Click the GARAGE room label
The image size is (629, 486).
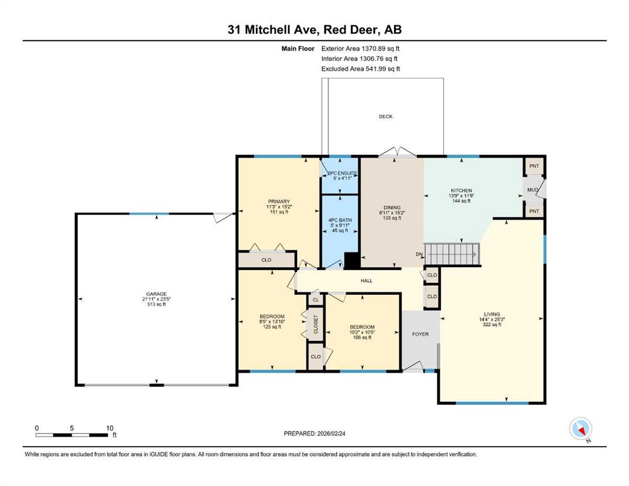tap(156, 294)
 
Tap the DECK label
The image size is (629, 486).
tap(386, 116)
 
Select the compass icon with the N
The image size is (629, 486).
tap(581, 429)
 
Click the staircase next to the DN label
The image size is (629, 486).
tap(452, 254)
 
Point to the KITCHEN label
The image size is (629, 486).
tap(461, 190)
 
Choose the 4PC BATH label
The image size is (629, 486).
tap(340, 220)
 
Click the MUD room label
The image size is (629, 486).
tap(533, 189)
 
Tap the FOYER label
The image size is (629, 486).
tap(421, 333)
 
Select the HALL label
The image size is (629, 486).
tap(367, 281)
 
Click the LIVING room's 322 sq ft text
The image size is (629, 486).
tap(492, 325)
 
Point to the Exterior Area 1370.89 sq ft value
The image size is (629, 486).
tap(360, 49)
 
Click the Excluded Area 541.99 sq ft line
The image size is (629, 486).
tap(360, 68)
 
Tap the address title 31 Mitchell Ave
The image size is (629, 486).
tap(273, 30)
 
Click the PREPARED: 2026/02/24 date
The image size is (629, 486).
tap(314, 433)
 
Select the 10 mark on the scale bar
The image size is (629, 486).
tap(110, 428)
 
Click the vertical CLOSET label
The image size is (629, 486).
tap(315, 324)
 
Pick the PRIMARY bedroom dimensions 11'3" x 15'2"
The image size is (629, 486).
tap(279, 207)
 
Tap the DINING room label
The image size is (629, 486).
tap(392, 208)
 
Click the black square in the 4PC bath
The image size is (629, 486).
tap(352, 261)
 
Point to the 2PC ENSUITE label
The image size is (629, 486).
tap(342, 173)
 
